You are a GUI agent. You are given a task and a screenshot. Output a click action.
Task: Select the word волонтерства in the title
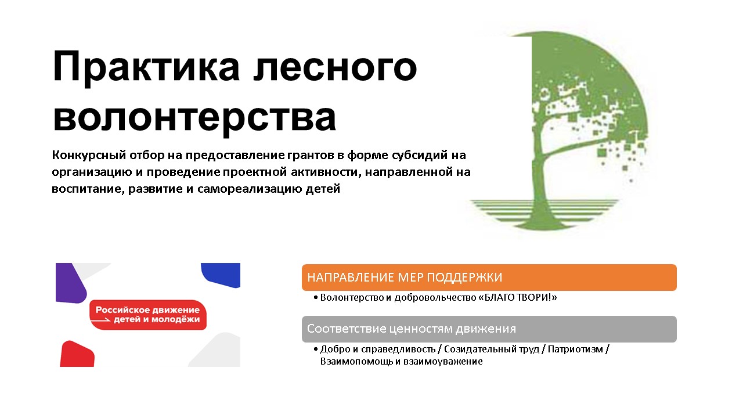194,118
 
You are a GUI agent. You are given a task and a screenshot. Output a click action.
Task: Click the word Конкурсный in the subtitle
86,156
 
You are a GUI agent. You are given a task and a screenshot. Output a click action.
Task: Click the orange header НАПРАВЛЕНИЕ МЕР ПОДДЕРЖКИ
489,277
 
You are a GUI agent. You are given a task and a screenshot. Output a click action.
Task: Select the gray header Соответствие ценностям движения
489,329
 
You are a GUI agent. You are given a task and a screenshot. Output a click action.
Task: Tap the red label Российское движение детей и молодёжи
147,315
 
